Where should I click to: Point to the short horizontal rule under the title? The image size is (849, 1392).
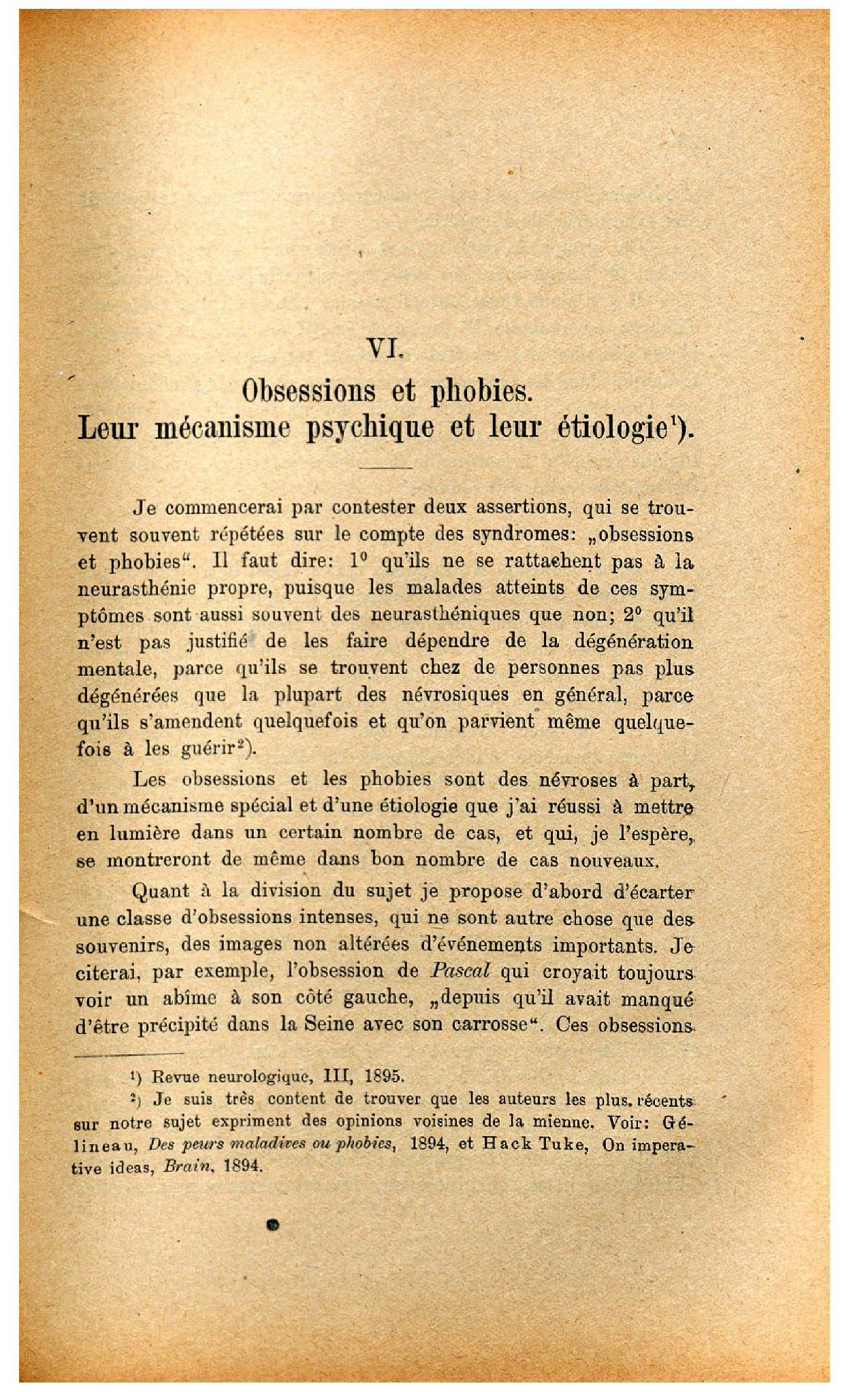point(385,468)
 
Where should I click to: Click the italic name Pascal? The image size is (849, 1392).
point(461,971)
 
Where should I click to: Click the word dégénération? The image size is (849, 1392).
point(634,641)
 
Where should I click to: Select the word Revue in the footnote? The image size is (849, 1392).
point(175,1077)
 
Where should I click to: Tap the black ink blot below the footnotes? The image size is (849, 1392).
point(274,1225)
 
